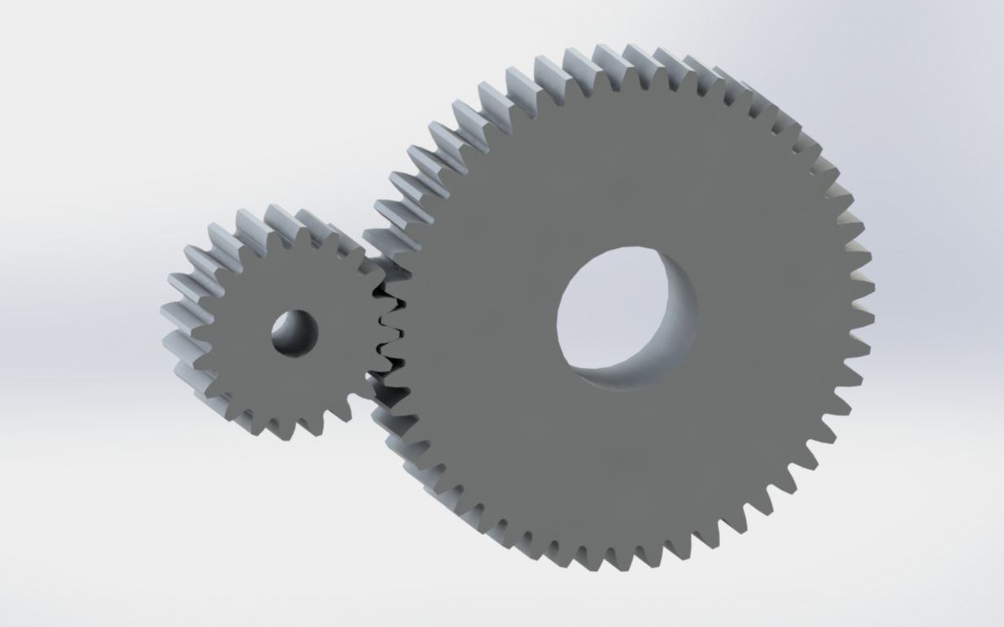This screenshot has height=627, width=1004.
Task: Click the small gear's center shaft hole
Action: point(294,333)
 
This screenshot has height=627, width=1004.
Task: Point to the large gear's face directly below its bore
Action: point(626,464)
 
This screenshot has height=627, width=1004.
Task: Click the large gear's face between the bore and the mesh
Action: point(480,325)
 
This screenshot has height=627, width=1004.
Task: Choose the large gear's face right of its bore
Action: point(773,317)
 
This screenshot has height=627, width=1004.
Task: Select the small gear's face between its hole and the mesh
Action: point(342,333)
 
